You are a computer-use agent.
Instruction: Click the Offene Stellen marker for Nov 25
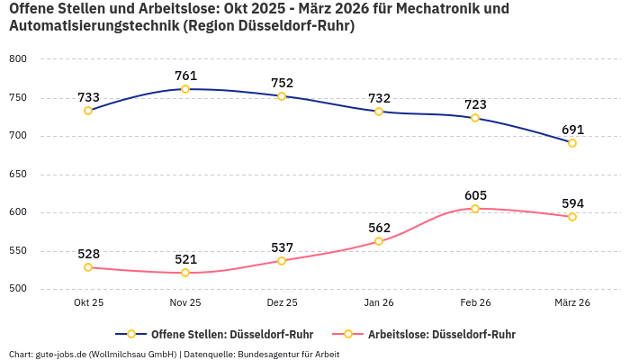[x=185, y=89]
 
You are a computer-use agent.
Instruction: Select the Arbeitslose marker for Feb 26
[x=475, y=209]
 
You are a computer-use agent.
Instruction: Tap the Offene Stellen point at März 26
[x=572, y=143]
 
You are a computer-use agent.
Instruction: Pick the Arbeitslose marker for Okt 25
[x=88, y=267]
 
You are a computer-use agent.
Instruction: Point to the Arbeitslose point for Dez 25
[x=282, y=261]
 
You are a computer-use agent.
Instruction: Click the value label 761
[x=185, y=76]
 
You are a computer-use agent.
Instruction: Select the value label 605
[x=475, y=195]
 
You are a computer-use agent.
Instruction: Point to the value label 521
[x=185, y=259]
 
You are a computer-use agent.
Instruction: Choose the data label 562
[x=379, y=228]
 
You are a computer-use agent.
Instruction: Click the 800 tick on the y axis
[x=18, y=59]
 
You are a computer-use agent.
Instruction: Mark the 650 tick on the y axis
[x=18, y=175]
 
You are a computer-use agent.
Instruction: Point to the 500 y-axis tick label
[x=18, y=289]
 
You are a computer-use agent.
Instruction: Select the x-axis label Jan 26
[x=379, y=303]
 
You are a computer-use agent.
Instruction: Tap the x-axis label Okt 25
[x=88, y=303]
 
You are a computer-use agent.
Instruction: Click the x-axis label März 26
[x=572, y=303]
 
